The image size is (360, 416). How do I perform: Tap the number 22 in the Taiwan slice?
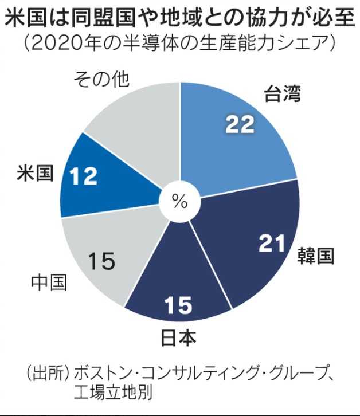click(x=240, y=124)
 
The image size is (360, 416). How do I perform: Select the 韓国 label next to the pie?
click(x=315, y=256)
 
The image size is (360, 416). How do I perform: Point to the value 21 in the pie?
click(x=272, y=245)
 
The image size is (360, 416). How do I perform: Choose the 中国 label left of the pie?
click(x=49, y=282)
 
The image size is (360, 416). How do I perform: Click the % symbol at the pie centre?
click(x=179, y=202)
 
